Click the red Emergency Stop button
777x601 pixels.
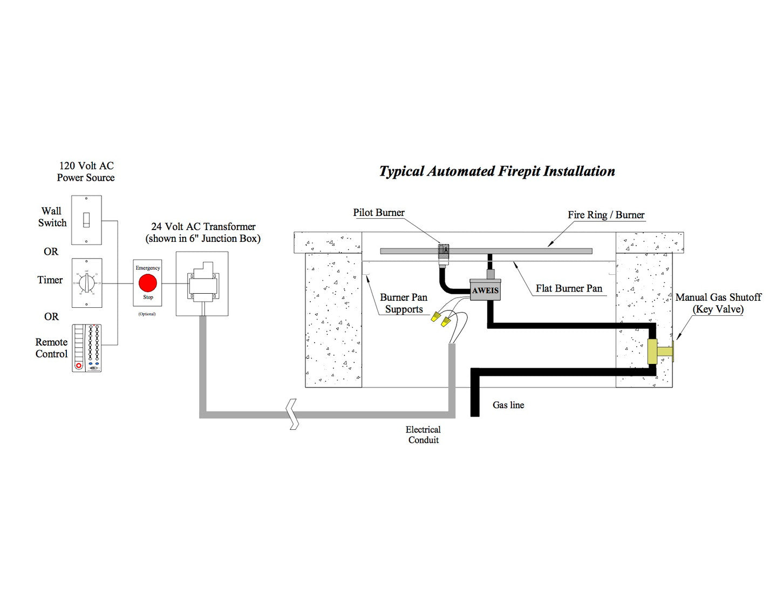coord(147,283)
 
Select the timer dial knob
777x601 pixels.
coord(86,282)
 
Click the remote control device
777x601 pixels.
coord(87,348)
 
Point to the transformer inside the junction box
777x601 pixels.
coord(202,282)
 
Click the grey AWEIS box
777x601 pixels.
coord(485,290)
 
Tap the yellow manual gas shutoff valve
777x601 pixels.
coord(658,352)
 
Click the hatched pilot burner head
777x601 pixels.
coord(444,251)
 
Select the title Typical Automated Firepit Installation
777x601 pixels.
coord(496,171)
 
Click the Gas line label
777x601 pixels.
coord(508,405)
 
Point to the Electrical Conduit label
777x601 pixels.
coord(423,435)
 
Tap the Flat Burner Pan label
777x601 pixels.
coord(569,288)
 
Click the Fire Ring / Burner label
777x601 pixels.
coord(605,215)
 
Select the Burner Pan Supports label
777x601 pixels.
coord(404,303)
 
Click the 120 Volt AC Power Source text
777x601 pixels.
coord(86,172)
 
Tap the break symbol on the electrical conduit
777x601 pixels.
coord(293,414)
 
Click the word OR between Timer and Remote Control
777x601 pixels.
coord(51,316)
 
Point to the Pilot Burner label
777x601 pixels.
coord(378,213)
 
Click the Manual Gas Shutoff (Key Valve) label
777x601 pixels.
coord(718,303)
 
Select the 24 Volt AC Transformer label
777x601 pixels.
coord(203,233)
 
